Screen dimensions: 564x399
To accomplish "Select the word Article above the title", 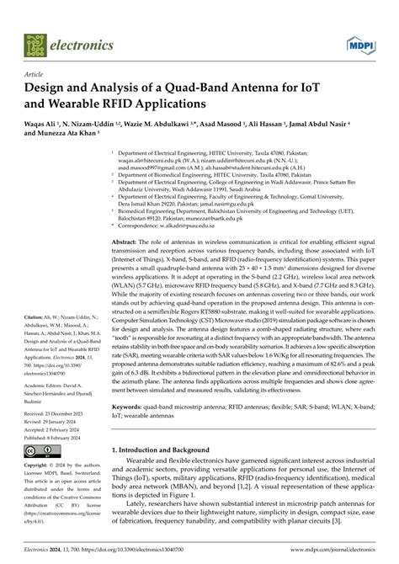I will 35,74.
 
